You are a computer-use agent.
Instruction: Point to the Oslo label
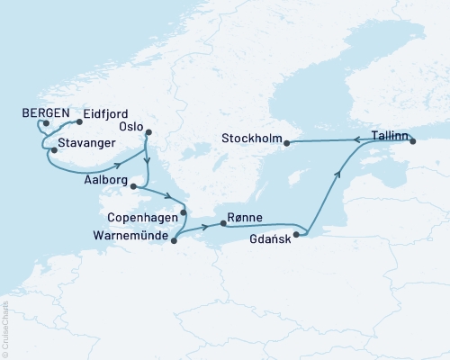(x=133, y=126)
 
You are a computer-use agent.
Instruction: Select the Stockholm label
(x=250, y=140)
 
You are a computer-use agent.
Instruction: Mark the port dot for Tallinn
(x=413, y=141)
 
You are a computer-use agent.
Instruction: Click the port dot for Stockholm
(x=287, y=141)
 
